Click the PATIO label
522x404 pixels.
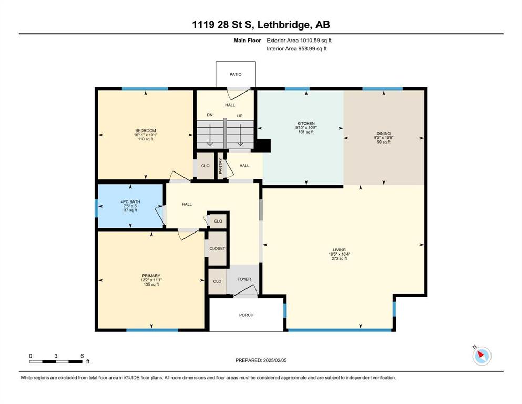236,74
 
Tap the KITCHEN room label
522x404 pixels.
306,123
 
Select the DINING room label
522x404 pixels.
384,133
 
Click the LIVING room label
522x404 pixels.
339,250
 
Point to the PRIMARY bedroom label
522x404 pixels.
151,276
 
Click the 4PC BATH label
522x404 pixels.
130,201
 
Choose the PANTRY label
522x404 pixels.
220,166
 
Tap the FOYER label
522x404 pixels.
244,279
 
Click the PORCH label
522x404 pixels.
247,315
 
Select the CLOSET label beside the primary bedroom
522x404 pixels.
218,248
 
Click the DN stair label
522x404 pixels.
209,115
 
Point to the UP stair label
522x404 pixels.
240,116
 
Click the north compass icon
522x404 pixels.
482,356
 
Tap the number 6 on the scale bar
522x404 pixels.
82,356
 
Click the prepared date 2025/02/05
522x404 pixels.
274,360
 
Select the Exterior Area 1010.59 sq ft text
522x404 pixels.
299,41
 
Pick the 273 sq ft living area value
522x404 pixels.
339,258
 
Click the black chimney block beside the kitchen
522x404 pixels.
263,146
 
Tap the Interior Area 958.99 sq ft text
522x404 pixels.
296,48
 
